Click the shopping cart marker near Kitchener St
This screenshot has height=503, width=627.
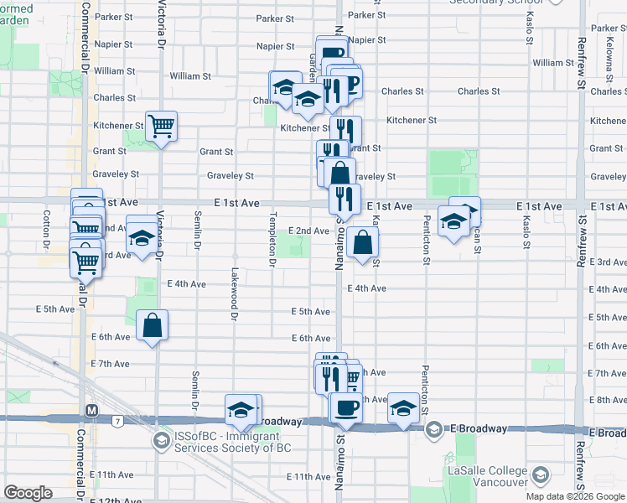point(161,127)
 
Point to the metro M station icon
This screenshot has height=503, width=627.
point(92,411)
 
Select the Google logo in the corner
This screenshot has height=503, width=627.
point(28,493)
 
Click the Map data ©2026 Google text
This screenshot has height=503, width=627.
point(576,496)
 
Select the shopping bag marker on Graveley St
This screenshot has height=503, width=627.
point(339,174)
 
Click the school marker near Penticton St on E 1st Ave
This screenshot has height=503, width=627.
point(453,221)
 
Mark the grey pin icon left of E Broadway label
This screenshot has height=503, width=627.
point(434,429)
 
